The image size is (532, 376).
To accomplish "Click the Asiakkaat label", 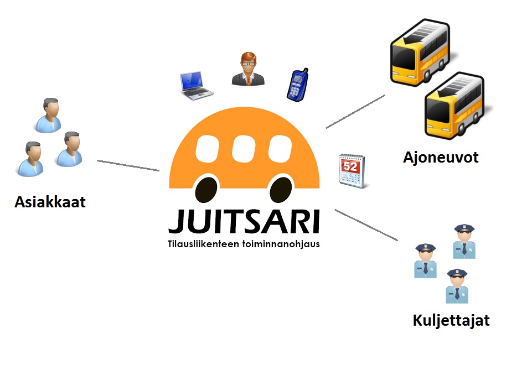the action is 50,202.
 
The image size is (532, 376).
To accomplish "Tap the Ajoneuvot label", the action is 441,158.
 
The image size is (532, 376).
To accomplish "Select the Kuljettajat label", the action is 451,321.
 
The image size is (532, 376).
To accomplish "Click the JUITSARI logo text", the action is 244,222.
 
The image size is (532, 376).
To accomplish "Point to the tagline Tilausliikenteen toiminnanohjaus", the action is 244,244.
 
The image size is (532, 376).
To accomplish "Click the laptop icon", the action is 196,85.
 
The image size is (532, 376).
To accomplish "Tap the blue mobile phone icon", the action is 297,85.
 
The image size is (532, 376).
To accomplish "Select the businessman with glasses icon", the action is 248,69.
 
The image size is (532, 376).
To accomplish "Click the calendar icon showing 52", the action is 352,171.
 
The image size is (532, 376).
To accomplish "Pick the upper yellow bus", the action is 420,53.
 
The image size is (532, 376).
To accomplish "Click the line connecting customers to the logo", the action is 128,166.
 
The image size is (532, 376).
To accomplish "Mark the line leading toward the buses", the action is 355,112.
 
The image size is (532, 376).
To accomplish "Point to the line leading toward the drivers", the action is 366,225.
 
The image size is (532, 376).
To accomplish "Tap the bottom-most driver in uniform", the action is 457,286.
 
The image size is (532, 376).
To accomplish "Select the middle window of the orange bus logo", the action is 244,148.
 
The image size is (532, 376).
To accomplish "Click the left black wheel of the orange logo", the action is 206,190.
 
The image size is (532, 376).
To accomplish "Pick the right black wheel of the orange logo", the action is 281,190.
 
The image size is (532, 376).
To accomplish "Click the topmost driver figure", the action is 464,242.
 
